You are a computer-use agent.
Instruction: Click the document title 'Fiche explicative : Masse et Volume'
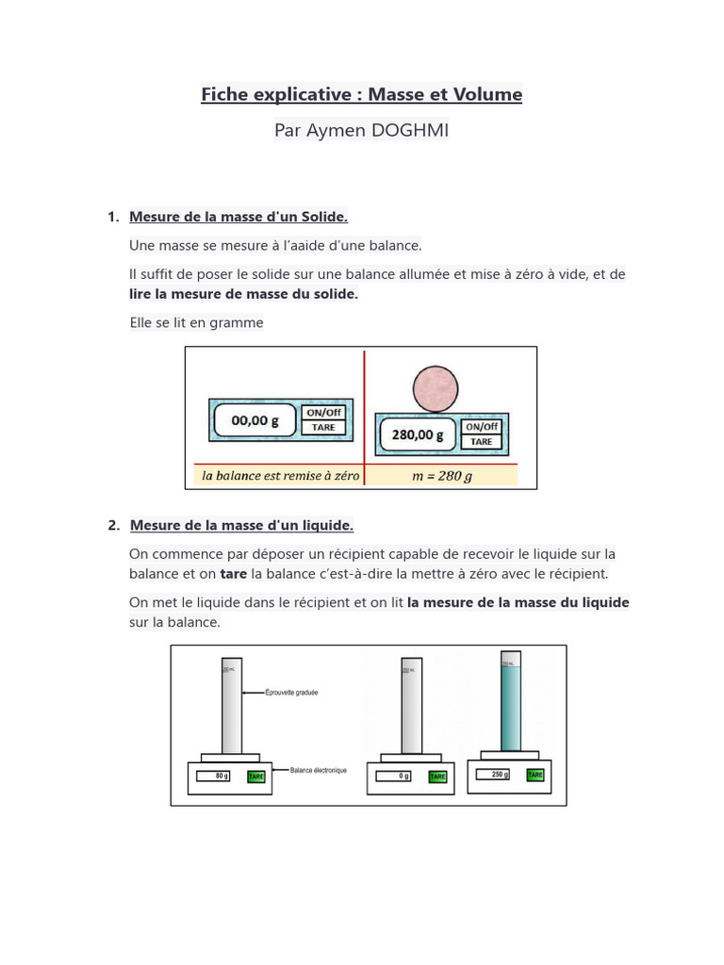click(x=361, y=94)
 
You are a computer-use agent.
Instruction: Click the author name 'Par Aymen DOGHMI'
click(x=361, y=130)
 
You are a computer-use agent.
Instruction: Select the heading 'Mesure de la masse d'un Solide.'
click(x=239, y=217)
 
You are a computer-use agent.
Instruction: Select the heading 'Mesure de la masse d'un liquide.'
click(x=241, y=525)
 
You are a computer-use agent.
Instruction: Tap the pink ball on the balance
click(x=436, y=388)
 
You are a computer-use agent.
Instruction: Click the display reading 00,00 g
click(x=255, y=421)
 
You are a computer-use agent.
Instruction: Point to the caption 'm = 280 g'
click(x=442, y=476)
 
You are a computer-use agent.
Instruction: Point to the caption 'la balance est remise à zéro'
click(x=280, y=476)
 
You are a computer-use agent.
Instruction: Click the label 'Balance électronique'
click(x=319, y=770)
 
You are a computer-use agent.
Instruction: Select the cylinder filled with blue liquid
click(x=510, y=702)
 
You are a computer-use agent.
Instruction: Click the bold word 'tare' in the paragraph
click(x=233, y=574)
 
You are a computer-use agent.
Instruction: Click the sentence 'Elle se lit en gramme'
click(x=196, y=322)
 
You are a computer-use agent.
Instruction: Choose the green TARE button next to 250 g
click(x=535, y=775)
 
